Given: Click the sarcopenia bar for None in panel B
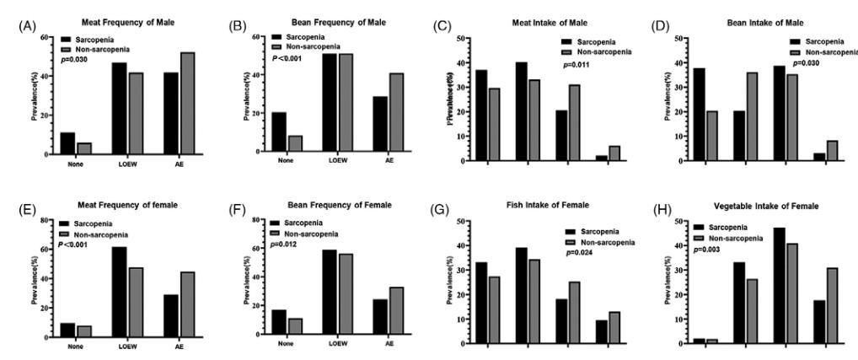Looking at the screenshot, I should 279,132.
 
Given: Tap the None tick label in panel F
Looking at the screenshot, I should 285,343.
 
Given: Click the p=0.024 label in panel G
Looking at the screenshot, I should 580,252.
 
